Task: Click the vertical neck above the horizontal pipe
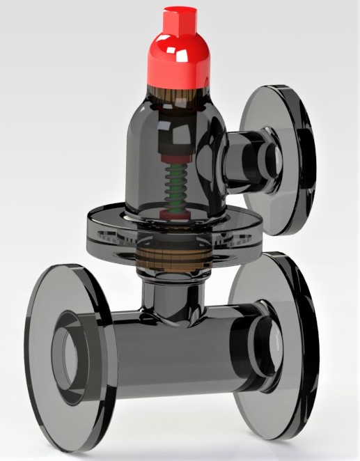tap(167, 296)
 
